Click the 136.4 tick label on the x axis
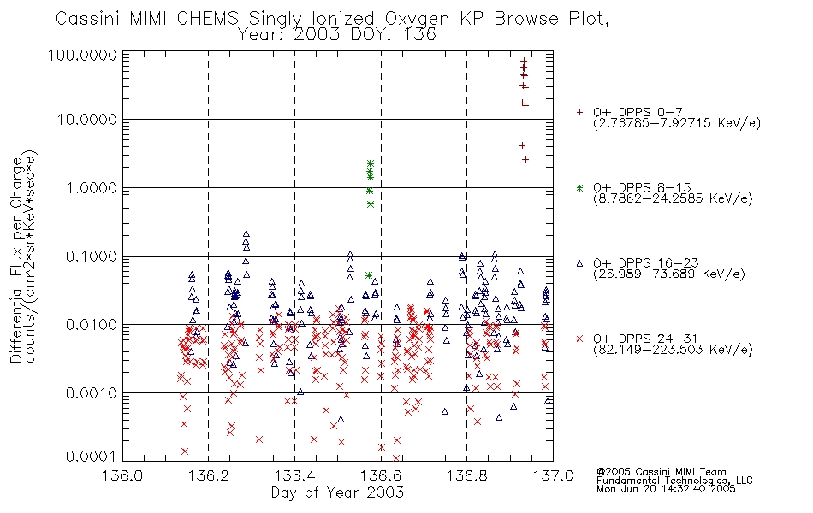pyautogui.click(x=294, y=475)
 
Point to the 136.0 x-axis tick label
pyautogui.click(x=123, y=475)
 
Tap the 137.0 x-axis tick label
pyautogui.click(x=553, y=475)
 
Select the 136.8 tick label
pyautogui.click(x=466, y=475)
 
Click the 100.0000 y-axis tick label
pyautogui.click(x=83, y=55)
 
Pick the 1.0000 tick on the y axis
pyautogui.click(x=92, y=187)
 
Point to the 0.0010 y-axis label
pyautogui.click(x=92, y=392)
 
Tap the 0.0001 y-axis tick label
pyautogui.click(x=92, y=457)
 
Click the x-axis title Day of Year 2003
pyautogui.click(x=337, y=492)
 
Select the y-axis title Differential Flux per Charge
pyautogui.click(x=16, y=260)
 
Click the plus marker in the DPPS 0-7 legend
pyautogui.click(x=579, y=112)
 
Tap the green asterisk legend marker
pyautogui.click(x=579, y=187)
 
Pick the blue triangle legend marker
pyautogui.click(x=579, y=263)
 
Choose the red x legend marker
pyautogui.click(x=579, y=339)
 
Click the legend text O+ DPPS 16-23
pyautogui.click(x=646, y=262)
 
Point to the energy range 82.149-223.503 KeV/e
pyautogui.click(x=673, y=350)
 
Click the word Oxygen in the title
pyautogui.click(x=418, y=19)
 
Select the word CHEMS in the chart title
pyautogui.click(x=207, y=19)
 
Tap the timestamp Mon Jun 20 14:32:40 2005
pyautogui.click(x=666, y=489)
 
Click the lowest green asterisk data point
pyautogui.click(x=369, y=275)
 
